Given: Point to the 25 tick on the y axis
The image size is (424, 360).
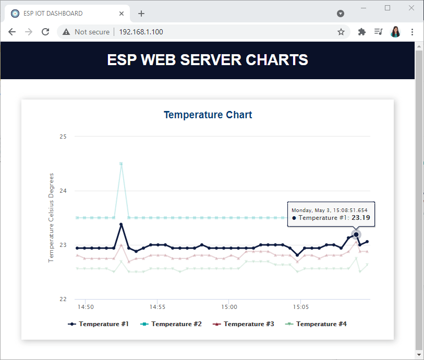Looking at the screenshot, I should click(x=63, y=136).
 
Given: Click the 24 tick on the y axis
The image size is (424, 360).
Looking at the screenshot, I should click(x=63, y=191).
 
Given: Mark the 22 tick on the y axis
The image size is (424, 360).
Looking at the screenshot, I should click(x=63, y=299).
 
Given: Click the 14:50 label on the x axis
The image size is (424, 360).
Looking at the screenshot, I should click(x=86, y=307).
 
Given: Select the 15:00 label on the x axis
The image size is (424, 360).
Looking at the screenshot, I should click(x=229, y=307).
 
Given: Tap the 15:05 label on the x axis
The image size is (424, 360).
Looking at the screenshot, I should click(x=301, y=307).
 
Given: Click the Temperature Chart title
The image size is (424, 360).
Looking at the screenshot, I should click(x=208, y=115).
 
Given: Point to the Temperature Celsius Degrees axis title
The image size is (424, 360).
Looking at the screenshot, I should click(x=51, y=218).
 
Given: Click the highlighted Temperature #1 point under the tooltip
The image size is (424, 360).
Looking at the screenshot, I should click(x=356, y=234).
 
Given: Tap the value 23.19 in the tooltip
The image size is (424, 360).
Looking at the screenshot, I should click(x=361, y=218).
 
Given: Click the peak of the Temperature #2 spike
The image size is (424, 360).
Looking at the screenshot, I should click(x=121, y=164).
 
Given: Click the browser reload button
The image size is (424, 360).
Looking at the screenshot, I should click(x=45, y=32).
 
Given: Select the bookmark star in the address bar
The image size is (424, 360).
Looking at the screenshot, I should click(x=341, y=32).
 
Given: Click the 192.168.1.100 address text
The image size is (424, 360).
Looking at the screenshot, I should click(x=141, y=32).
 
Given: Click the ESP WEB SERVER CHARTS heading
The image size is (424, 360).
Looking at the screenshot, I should click(x=208, y=60).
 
